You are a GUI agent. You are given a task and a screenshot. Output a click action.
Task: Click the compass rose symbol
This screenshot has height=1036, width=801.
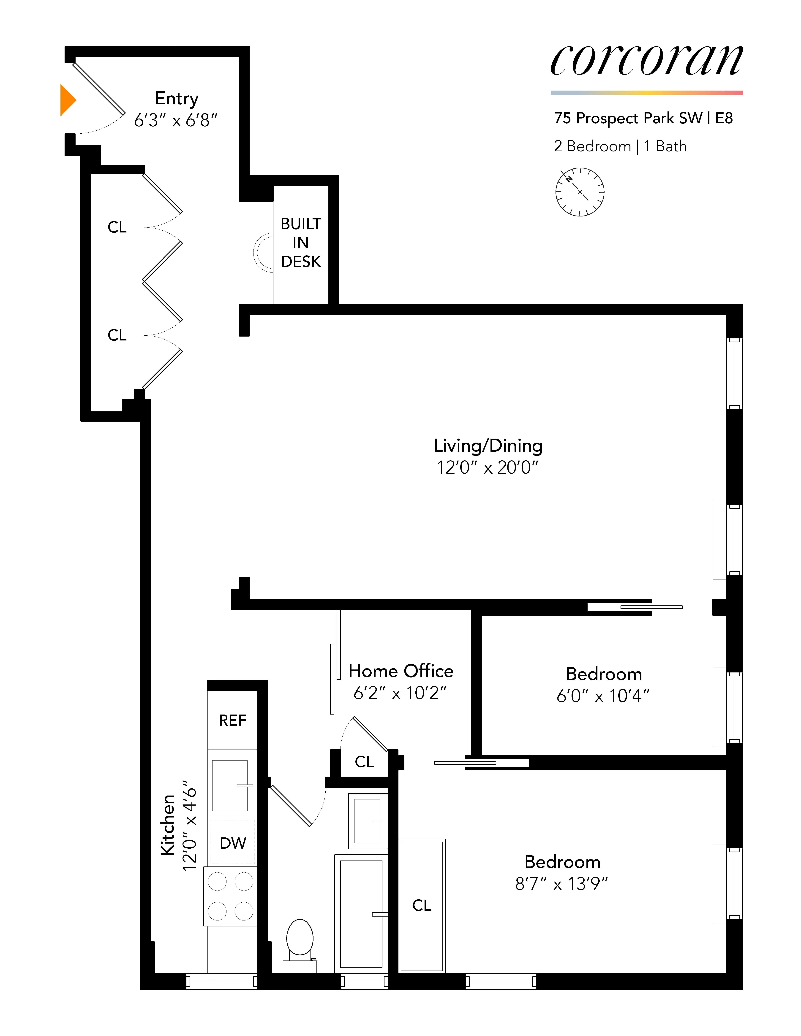point(579,192)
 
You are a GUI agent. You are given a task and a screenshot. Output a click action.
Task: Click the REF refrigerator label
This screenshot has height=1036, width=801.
point(232,720)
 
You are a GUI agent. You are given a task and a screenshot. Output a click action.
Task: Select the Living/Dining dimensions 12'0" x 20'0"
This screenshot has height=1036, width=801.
point(488,468)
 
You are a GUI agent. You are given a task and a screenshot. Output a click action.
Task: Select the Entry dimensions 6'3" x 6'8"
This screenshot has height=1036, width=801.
point(176,121)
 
